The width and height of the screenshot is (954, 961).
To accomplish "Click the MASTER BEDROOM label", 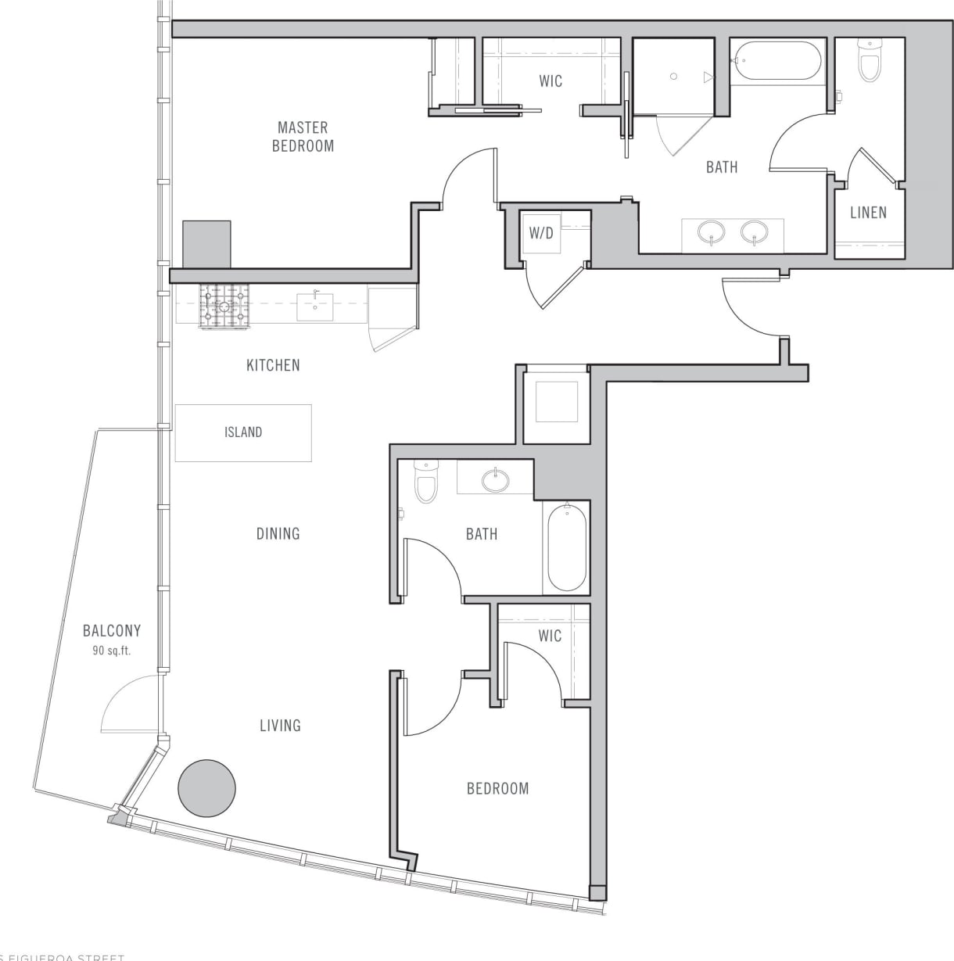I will point(303,136).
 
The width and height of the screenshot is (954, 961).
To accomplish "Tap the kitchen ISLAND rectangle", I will point(243,432).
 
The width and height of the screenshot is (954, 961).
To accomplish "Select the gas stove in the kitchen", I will point(224,307).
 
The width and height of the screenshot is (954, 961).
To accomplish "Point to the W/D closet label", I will point(541,232).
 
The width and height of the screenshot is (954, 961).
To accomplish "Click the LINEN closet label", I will point(868,212).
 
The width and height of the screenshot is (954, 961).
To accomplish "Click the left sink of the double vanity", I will point(711,231).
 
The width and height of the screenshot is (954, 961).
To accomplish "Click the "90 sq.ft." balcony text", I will point(111,651).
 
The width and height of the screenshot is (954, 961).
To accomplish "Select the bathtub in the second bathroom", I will point(566,548).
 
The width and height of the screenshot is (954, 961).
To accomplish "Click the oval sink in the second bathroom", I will point(495,479).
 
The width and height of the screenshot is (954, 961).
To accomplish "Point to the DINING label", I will point(278,533).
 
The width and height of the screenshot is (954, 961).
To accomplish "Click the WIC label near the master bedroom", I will point(551,81).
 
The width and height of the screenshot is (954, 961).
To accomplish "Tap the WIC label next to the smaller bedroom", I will point(550,636).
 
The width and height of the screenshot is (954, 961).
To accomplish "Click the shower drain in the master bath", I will point(672,77).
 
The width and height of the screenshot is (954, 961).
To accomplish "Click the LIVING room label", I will point(280,726).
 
